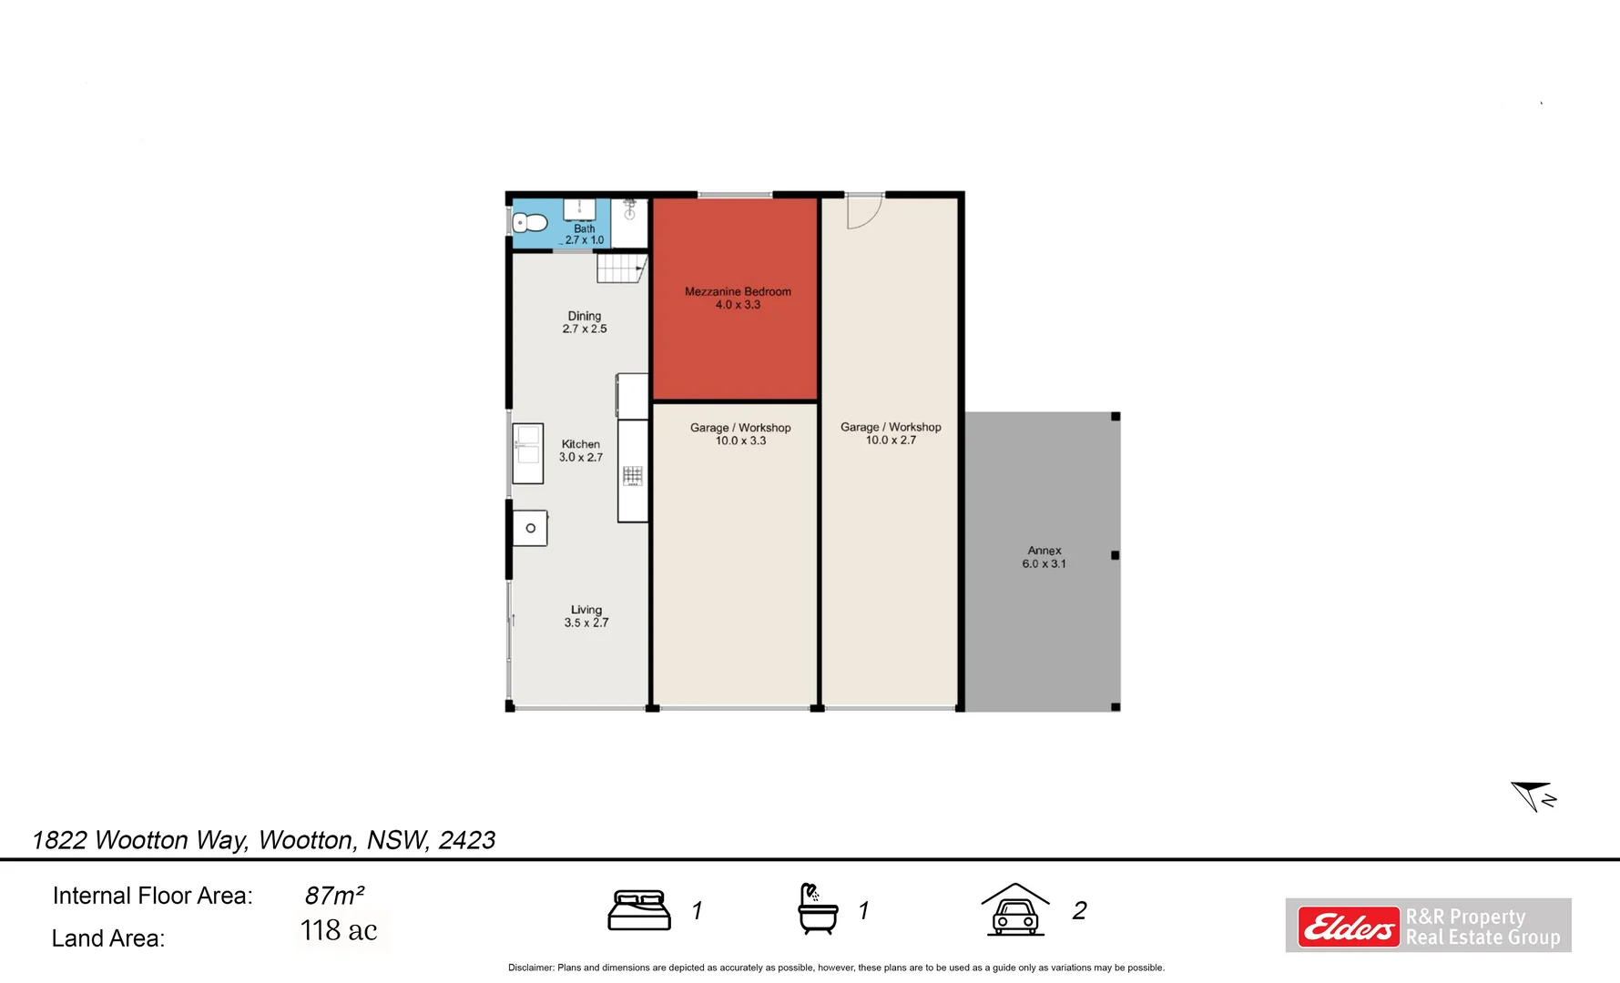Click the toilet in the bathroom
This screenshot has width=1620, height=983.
[x=531, y=223]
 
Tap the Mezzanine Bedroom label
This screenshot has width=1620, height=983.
[x=738, y=298]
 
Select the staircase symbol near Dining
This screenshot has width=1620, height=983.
[x=621, y=269]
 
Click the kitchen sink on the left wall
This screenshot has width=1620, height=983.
[x=528, y=453]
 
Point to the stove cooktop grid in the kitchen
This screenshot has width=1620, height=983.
[x=633, y=475]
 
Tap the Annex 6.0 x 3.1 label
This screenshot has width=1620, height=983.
[x=1044, y=557]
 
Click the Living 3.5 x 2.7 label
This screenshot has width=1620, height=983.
[x=586, y=616]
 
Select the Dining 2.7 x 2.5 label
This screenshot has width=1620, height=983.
[x=584, y=322]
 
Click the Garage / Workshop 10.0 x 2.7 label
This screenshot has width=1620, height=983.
[x=891, y=433]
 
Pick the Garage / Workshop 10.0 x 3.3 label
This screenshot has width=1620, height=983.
[x=740, y=434]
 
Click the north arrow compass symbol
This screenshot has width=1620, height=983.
[x=1533, y=796]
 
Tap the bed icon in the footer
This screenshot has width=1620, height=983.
[x=639, y=910]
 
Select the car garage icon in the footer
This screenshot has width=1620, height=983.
[x=1015, y=909]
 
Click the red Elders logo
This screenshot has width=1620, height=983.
[x=1348, y=927]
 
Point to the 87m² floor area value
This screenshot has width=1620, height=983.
[x=334, y=896]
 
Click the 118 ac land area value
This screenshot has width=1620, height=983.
[x=339, y=930]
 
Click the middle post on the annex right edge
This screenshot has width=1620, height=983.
[x=1115, y=555]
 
